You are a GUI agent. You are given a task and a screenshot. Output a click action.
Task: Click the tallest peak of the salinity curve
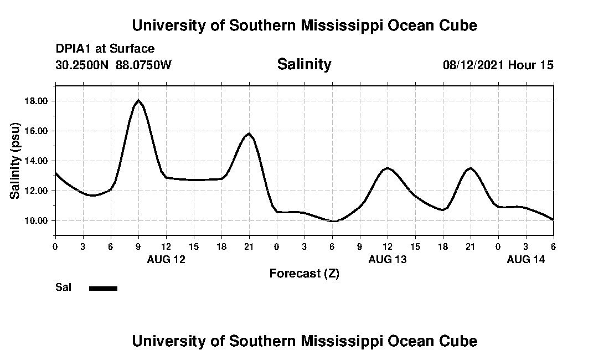tap(138, 100)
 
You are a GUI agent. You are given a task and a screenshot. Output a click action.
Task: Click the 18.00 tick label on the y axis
tap(36, 101)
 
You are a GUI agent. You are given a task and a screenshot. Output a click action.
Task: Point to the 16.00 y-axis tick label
tap(36, 131)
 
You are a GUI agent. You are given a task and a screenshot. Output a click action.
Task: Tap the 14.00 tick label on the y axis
tap(36, 161)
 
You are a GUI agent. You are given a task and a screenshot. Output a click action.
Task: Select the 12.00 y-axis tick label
tap(36, 191)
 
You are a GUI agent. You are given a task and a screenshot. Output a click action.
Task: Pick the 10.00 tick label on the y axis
tap(36, 221)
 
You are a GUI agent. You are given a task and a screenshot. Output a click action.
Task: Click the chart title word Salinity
tap(304, 64)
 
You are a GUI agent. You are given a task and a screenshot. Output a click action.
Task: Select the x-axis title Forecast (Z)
tap(304, 273)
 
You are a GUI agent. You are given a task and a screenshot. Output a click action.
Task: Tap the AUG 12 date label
tap(166, 259)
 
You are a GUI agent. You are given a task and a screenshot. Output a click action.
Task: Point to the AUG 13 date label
tap(388, 259)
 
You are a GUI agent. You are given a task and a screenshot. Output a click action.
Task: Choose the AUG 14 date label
tap(526, 259)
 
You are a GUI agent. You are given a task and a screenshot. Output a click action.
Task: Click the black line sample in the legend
tap(104, 288)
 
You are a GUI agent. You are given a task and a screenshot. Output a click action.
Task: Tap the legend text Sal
tap(63, 287)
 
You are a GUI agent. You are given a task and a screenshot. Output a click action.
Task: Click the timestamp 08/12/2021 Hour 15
tap(498, 65)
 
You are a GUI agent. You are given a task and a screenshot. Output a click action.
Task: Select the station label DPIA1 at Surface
tap(105, 49)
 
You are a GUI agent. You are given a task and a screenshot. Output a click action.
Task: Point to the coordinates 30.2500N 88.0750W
tap(113, 65)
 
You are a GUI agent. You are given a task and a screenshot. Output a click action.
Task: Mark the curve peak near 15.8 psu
tap(249, 133)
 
